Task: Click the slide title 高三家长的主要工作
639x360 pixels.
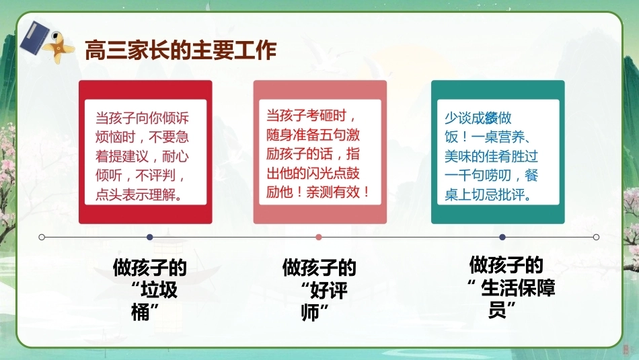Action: pyautogui.click(x=180, y=50)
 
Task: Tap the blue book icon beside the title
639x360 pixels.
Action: pyautogui.click(x=34, y=38)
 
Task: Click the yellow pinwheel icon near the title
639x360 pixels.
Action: pyautogui.click(x=59, y=48)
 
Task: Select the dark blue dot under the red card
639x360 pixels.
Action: pyautogui.click(x=149, y=237)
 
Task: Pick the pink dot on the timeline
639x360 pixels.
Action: pyautogui.click(x=319, y=237)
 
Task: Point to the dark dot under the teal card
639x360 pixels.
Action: pyautogui.click(x=502, y=237)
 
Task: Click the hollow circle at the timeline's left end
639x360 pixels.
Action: pyautogui.click(x=42, y=237)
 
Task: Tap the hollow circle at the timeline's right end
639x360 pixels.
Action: pyautogui.click(x=596, y=237)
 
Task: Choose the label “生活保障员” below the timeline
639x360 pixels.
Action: pyautogui.click(x=512, y=299)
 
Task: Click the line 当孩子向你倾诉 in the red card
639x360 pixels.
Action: pyautogui.click(x=142, y=118)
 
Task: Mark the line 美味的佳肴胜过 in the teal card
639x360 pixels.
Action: pyautogui.click(x=491, y=156)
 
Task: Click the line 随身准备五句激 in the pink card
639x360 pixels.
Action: pyautogui.click(x=313, y=135)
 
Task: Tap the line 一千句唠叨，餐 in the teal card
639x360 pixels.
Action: pyautogui.click(x=491, y=176)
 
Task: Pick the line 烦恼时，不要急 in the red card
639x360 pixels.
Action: pyautogui.click(x=142, y=137)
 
